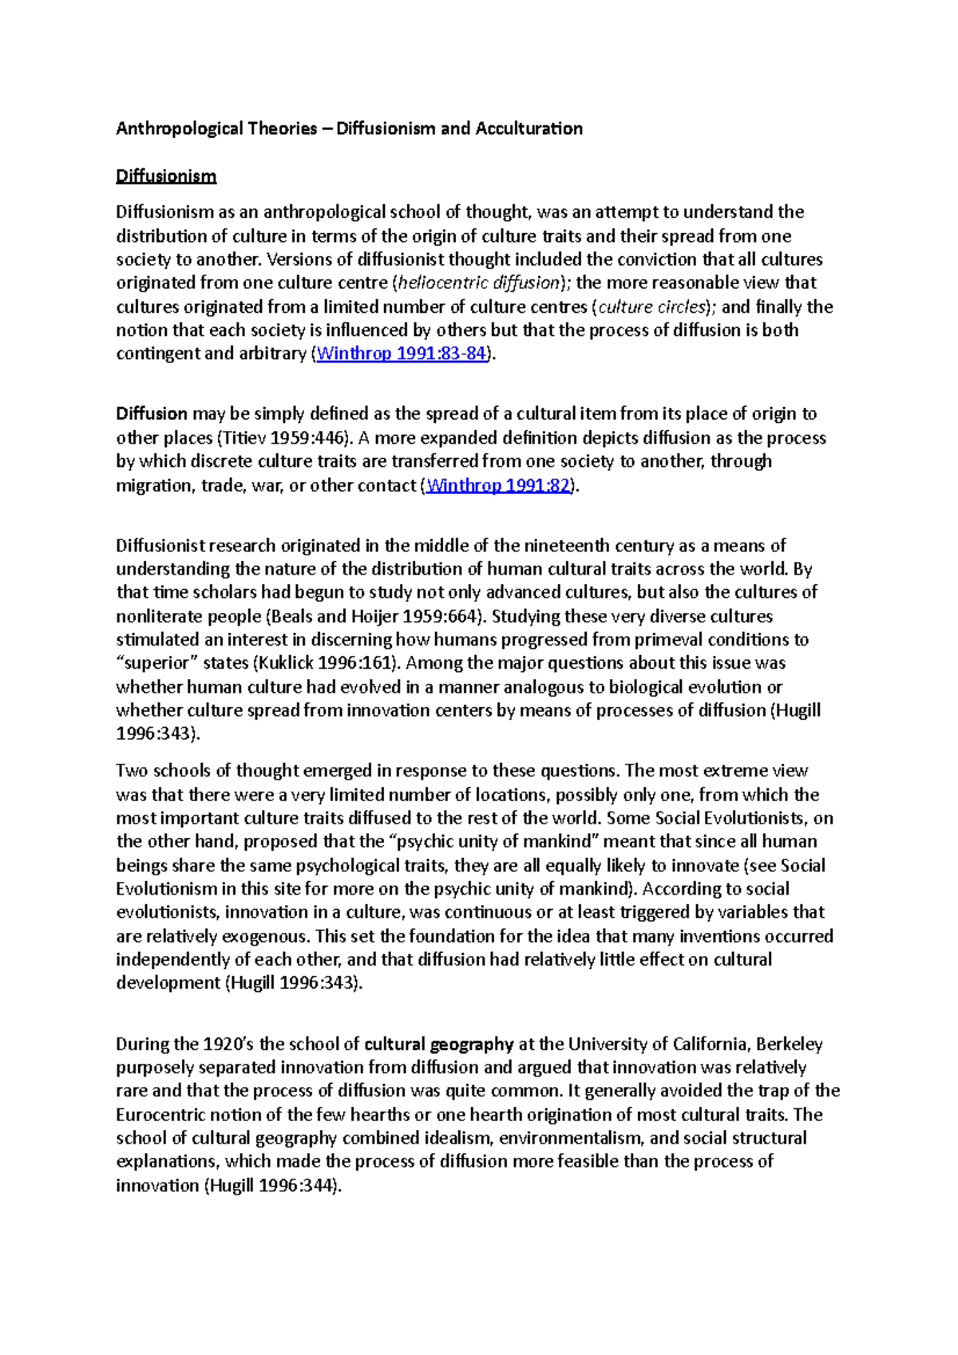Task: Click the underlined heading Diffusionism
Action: click(x=166, y=176)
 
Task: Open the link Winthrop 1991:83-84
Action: click(x=401, y=354)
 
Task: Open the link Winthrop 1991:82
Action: click(x=499, y=485)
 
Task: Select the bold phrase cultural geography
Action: click(x=438, y=1044)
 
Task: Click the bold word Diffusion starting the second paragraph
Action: click(x=152, y=413)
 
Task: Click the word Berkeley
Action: click(x=789, y=1044)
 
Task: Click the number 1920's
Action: click(x=228, y=1044)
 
